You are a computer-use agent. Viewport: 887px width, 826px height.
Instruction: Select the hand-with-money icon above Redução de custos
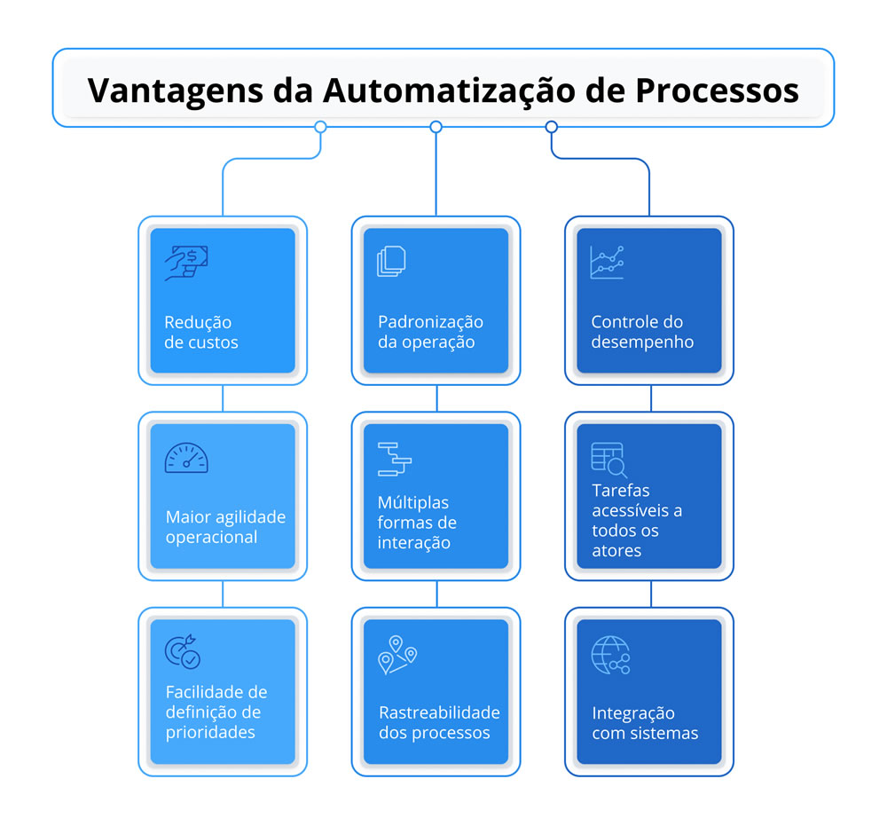click(x=186, y=264)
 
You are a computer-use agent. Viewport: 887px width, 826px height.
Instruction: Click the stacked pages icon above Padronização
click(x=392, y=263)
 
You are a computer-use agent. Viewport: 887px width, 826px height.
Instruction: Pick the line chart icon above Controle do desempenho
click(x=608, y=263)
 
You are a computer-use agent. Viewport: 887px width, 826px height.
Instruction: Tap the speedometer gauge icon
click(x=186, y=458)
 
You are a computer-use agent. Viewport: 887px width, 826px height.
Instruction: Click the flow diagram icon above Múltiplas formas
click(x=395, y=459)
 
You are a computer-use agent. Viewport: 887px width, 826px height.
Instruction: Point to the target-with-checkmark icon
click(x=183, y=651)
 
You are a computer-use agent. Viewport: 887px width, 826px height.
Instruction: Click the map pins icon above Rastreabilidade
click(x=396, y=654)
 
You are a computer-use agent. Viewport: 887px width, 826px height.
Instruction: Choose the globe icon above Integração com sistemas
click(x=610, y=655)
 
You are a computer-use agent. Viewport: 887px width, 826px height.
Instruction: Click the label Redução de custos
click(x=201, y=332)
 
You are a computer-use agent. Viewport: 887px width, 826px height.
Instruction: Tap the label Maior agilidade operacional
click(x=225, y=526)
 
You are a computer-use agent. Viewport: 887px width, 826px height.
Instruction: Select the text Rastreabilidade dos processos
click(x=439, y=722)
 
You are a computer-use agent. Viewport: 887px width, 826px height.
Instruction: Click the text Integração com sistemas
click(x=645, y=723)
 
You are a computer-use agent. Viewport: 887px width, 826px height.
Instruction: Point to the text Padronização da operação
click(x=430, y=332)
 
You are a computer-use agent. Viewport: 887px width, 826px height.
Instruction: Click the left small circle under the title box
click(x=320, y=127)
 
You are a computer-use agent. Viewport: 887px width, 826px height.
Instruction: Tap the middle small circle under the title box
click(x=436, y=127)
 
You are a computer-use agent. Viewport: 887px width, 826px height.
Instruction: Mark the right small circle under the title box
click(x=551, y=127)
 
